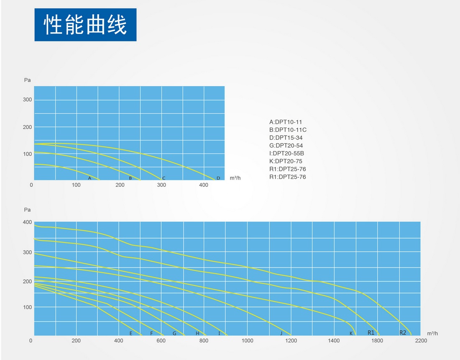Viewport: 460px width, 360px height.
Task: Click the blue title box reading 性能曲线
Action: tap(85, 25)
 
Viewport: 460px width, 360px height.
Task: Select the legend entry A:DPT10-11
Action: tap(286, 122)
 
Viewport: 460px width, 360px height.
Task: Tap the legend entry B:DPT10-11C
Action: tap(288, 130)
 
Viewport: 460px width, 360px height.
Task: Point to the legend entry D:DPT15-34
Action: tap(286, 138)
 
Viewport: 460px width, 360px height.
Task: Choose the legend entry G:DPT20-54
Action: tap(286, 146)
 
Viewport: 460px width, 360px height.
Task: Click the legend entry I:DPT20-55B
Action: tap(286, 153)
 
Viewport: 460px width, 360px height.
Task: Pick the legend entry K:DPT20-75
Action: tap(286, 161)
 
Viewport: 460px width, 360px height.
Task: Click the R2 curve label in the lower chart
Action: tap(403, 332)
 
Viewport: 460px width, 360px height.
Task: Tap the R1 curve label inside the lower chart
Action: tap(371, 332)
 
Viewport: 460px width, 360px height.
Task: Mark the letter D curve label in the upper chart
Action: tap(218, 178)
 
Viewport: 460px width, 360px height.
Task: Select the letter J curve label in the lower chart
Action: tap(281, 333)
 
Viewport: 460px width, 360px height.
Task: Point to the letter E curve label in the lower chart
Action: tap(131, 333)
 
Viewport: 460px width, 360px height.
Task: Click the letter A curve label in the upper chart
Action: tap(90, 178)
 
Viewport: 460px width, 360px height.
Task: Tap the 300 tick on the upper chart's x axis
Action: tap(161, 185)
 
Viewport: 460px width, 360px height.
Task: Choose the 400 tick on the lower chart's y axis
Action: tap(27, 222)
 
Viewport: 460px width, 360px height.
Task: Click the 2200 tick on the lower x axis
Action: tap(421, 341)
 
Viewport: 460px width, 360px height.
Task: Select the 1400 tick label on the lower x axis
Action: tap(334, 341)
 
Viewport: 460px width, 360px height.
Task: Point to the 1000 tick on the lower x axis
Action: tap(247, 341)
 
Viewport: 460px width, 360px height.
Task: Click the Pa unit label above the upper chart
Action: tap(27, 80)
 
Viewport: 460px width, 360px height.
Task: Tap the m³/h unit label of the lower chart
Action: tap(432, 333)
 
